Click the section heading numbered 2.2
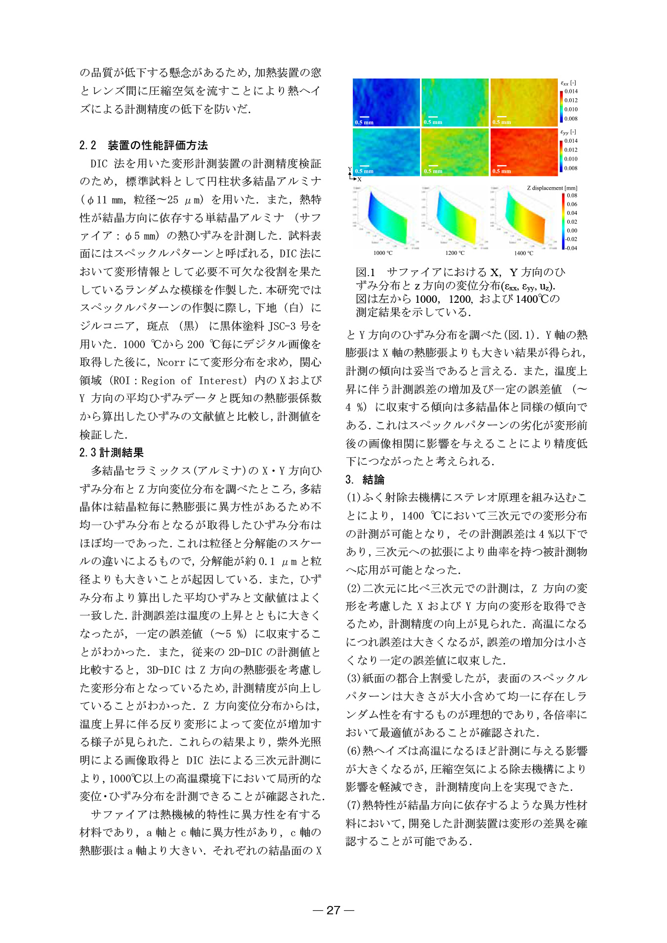click(x=143, y=145)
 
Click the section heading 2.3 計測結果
click(x=111, y=452)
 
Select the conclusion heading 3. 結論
click(x=365, y=479)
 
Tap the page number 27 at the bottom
click(x=333, y=910)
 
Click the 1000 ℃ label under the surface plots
click(x=382, y=253)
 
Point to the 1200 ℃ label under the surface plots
click(x=455, y=253)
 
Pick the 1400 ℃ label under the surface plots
click(x=524, y=253)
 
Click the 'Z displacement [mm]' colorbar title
click(x=552, y=188)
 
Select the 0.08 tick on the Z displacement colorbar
click(x=572, y=196)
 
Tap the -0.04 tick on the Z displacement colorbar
click(x=571, y=248)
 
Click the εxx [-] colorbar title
click(x=568, y=83)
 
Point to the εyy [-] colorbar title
click(x=568, y=132)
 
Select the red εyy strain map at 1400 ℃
click(x=524, y=151)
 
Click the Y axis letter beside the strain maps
click(x=350, y=169)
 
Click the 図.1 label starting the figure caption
click(x=366, y=272)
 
